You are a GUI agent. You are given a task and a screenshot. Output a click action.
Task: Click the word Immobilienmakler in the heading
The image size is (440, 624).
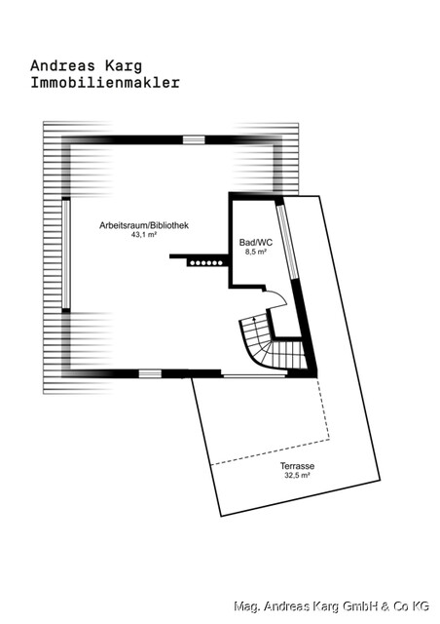pos(105,84)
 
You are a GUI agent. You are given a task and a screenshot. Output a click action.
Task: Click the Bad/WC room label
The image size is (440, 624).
pos(254,241)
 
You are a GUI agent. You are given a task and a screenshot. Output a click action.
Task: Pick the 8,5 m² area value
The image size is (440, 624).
pos(254,252)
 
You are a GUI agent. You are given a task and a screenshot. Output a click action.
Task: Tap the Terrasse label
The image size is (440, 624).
pos(297,466)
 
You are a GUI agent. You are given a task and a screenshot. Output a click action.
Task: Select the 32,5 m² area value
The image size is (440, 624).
pos(297,477)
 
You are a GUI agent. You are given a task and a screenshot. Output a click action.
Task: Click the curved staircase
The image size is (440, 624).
pos(271,346)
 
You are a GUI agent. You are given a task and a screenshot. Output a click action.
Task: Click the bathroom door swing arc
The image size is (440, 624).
pos(274,298)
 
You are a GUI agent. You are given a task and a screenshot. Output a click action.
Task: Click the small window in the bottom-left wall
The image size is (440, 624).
pos(149,372)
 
